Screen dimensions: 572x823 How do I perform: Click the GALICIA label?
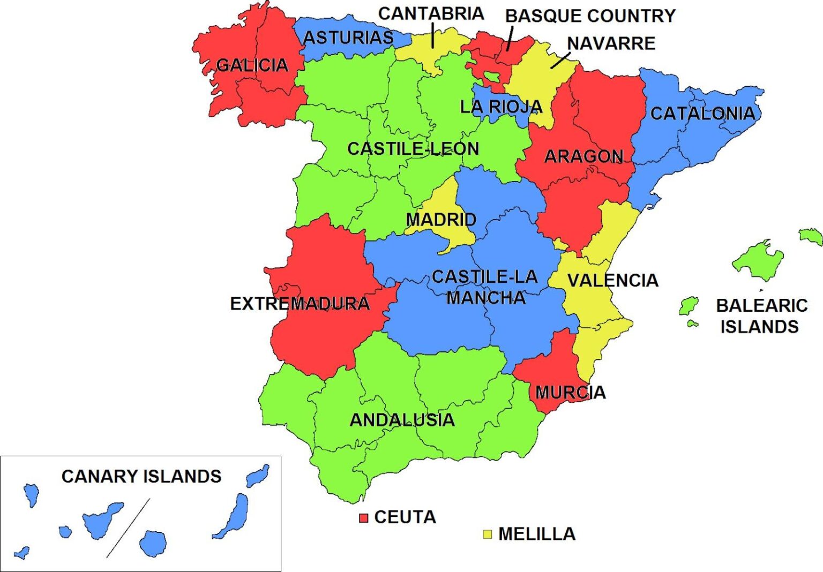point(252,65)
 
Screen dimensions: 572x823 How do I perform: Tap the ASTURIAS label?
point(348,38)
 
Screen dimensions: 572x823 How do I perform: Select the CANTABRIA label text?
point(431,13)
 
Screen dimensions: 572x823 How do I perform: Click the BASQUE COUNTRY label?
point(590,16)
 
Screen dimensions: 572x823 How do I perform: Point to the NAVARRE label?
point(611,43)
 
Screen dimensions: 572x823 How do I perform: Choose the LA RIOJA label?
point(501,107)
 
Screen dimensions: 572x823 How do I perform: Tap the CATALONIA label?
point(702,114)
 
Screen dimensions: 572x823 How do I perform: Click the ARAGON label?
point(583,156)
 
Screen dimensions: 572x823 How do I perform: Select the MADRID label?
point(440,220)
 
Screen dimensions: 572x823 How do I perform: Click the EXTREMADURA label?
point(300,304)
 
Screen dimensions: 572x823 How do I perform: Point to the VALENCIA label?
point(612,280)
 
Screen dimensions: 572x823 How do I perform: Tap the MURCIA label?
point(570,393)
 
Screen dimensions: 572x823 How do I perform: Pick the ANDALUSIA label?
point(402,420)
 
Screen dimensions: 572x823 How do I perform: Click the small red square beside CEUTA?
point(364,518)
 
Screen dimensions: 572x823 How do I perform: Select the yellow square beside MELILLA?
point(487,534)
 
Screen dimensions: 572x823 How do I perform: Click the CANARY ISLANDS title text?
point(141,476)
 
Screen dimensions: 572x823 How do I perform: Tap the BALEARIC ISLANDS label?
point(761,316)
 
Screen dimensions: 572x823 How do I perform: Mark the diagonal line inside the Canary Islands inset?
point(129,528)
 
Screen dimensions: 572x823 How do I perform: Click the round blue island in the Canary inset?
point(153,543)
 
